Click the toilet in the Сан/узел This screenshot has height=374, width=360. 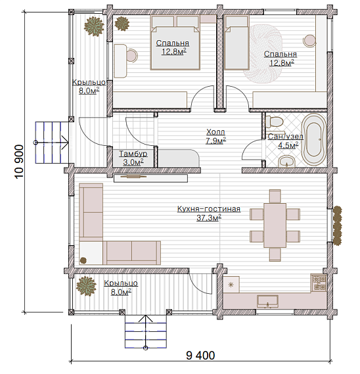[x=274, y=122]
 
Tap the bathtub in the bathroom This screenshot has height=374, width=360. [x=314, y=139]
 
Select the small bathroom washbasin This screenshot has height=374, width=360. [x=286, y=162]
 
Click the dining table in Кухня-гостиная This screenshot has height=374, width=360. [x=275, y=225]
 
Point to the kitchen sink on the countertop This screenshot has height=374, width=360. [x=267, y=301]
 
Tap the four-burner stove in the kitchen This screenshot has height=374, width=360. [x=319, y=283]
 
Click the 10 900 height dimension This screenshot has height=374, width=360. [x=20, y=162]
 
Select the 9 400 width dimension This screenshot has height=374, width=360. [x=200, y=356]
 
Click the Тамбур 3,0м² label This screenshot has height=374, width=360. [x=133, y=158]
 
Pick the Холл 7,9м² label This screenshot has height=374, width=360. [x=215, y=136]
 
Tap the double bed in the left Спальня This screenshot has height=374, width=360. [x=175, y=42]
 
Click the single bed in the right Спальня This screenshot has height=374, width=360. [x=236, y=42]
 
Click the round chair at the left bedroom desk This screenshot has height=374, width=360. [x=131, y=55]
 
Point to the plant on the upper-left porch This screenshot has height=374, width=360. [x=94, y=26]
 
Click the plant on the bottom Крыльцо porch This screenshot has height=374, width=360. [x=86, y=286]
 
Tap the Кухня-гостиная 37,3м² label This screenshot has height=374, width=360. [x=209, y=213]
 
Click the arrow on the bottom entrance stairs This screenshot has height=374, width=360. [x=145, y=332]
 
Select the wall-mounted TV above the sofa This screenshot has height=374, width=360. [x=150, y=178]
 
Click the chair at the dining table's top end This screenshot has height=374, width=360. [x=275, y=197]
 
